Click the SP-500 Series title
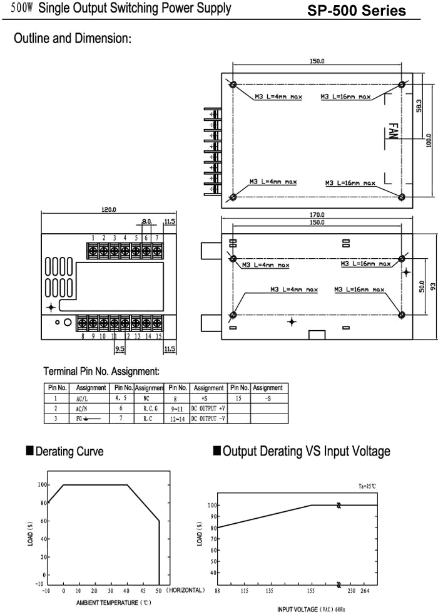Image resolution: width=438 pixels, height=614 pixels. coord(356,11)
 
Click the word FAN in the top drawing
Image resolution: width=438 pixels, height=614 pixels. coord(393,131)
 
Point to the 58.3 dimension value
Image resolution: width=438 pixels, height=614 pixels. coord(419,106)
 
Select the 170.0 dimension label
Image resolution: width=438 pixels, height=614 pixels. coord(317,214)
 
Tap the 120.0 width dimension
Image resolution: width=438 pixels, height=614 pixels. coord(109,210)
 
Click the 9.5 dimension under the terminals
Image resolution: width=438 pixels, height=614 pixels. coord(120,348)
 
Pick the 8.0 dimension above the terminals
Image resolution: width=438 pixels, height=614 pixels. coord(146,221)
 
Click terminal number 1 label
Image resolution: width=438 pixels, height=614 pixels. coord(93,237)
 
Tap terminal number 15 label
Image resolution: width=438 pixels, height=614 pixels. coord(158,336)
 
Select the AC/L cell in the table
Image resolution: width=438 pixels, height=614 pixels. coord(82,398)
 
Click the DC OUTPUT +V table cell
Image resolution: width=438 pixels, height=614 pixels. coord(208,408)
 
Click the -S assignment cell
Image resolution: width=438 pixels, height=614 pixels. coord(268,398)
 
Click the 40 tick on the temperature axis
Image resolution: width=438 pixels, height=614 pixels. coord(126,591)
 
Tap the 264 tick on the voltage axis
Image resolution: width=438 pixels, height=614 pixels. coord(365,590)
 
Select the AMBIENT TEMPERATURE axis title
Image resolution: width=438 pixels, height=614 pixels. coord(113,603)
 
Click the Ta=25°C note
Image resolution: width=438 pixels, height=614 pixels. coord(367,486)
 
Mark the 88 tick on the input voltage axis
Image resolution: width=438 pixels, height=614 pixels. coord(218,590)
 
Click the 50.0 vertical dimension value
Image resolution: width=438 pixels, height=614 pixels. coord(422,287)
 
